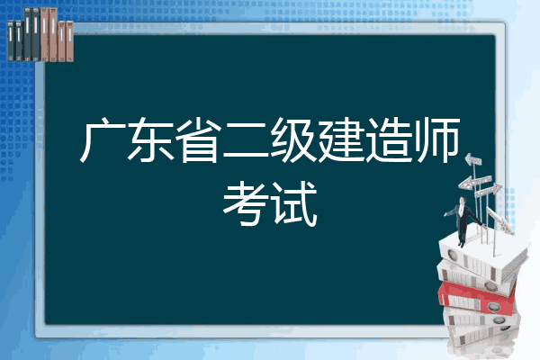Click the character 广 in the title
tap(103, 139)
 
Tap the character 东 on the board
tap(151, 139)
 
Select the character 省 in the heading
tap(198, 139)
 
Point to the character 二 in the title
tap(246, 141)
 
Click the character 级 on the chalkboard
tap(293, 139)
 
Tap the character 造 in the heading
tap(389, 139)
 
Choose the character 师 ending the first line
tap(436, 139)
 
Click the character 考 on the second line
tap(246, 203)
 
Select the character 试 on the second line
tap(293, 203)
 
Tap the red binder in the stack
tap(477, 297)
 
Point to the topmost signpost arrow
tap(473, 159)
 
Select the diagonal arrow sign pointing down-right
tap(500, 220)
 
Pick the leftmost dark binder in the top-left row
tap(11, 41)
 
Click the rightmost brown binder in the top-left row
tap(69, 41)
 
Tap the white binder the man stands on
tap(482, 256)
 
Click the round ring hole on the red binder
tap(493, 306)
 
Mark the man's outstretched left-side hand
tap(446, 214)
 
